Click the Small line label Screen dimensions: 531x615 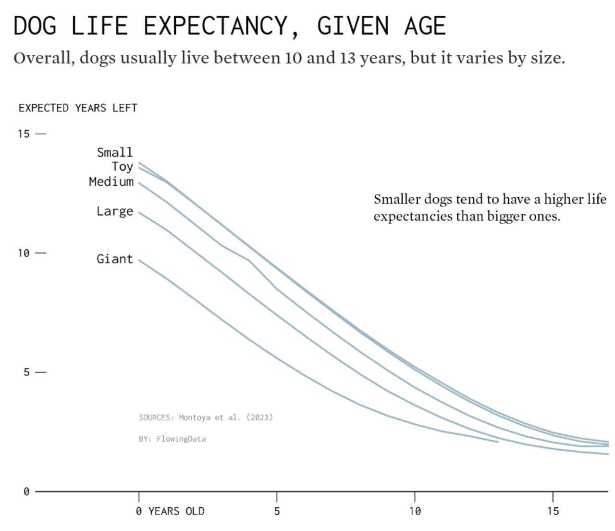114,152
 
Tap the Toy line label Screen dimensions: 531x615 122,166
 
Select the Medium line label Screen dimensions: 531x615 111,181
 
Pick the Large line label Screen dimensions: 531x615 114,211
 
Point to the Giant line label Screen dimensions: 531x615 114,259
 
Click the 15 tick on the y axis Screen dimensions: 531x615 24,134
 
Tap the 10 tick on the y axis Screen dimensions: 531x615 24,253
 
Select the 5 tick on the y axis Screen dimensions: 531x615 26,372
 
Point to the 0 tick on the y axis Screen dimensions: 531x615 26,492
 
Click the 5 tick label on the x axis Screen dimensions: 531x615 277,511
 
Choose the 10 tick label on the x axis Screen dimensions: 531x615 415,511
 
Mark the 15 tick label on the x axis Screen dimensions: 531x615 553,511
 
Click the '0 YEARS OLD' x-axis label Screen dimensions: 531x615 171,511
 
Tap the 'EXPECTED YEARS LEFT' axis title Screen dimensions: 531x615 78,108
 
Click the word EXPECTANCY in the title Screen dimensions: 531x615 221,26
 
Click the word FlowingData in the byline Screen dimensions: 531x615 181,439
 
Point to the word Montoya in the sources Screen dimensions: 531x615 195,417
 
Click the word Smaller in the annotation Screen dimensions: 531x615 397,199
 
